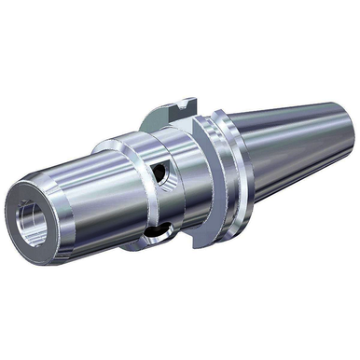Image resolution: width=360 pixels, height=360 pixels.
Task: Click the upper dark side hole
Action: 166,175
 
